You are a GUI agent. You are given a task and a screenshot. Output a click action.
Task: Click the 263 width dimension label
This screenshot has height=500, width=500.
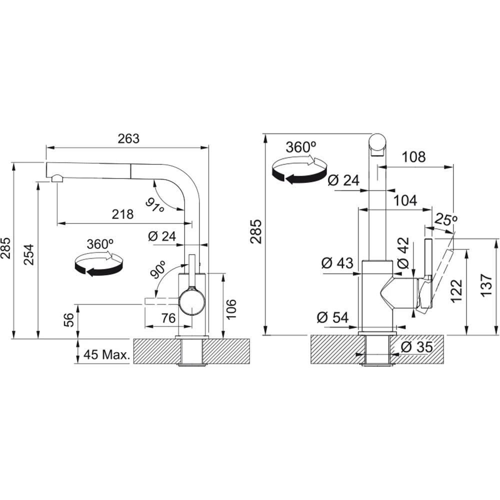pyautogui.click(x=128, y=138)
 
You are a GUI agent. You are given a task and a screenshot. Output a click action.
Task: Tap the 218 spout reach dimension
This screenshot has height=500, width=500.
pyautogui.click(x=122, y=214)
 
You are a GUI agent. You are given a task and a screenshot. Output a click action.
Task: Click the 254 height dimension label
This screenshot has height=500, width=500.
pyautogui.click(x=29, y=254)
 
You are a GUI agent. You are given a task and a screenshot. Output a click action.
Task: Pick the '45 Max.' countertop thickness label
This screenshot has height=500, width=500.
pyautogui.click(x=106, y=354)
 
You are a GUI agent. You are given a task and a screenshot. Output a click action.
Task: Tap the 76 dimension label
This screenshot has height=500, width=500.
pyautogui.click(x=168, y=318)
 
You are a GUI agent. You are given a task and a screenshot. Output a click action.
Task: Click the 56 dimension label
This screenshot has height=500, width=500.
pyautogui.click(x=68, y=319)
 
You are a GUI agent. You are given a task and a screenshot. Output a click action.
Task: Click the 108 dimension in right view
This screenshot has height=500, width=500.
pyautogui.click(x=413, y=157)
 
